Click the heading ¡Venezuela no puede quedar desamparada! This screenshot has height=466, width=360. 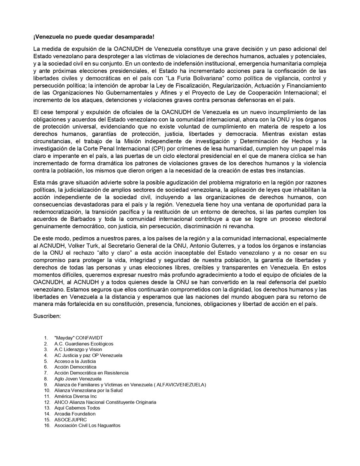[x=93, y=37]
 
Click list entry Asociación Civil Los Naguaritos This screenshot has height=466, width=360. [x=87, y=425]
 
